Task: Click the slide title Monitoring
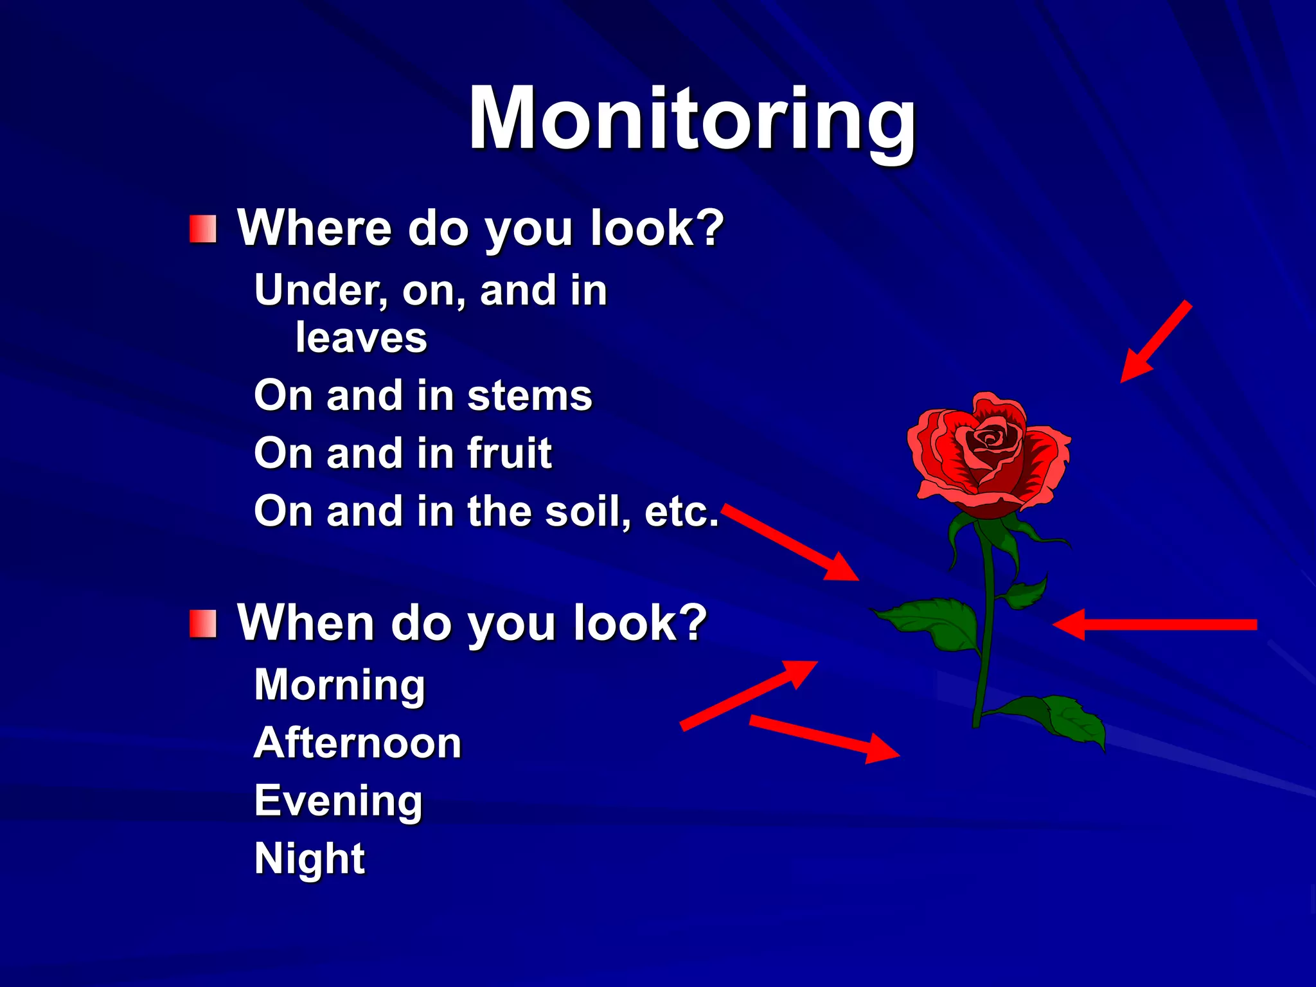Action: pos(693,119)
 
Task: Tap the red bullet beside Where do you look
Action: pos(203,229)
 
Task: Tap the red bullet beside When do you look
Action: pos(203,624)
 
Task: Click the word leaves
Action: pos(361,338)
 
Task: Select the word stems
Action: pos(529,396)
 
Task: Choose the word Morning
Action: pos(340,685)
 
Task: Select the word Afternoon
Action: pos(358,743)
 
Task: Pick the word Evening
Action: pos(339,801)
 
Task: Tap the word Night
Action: pos(310,859)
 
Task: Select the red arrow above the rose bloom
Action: pos(1155,342)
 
